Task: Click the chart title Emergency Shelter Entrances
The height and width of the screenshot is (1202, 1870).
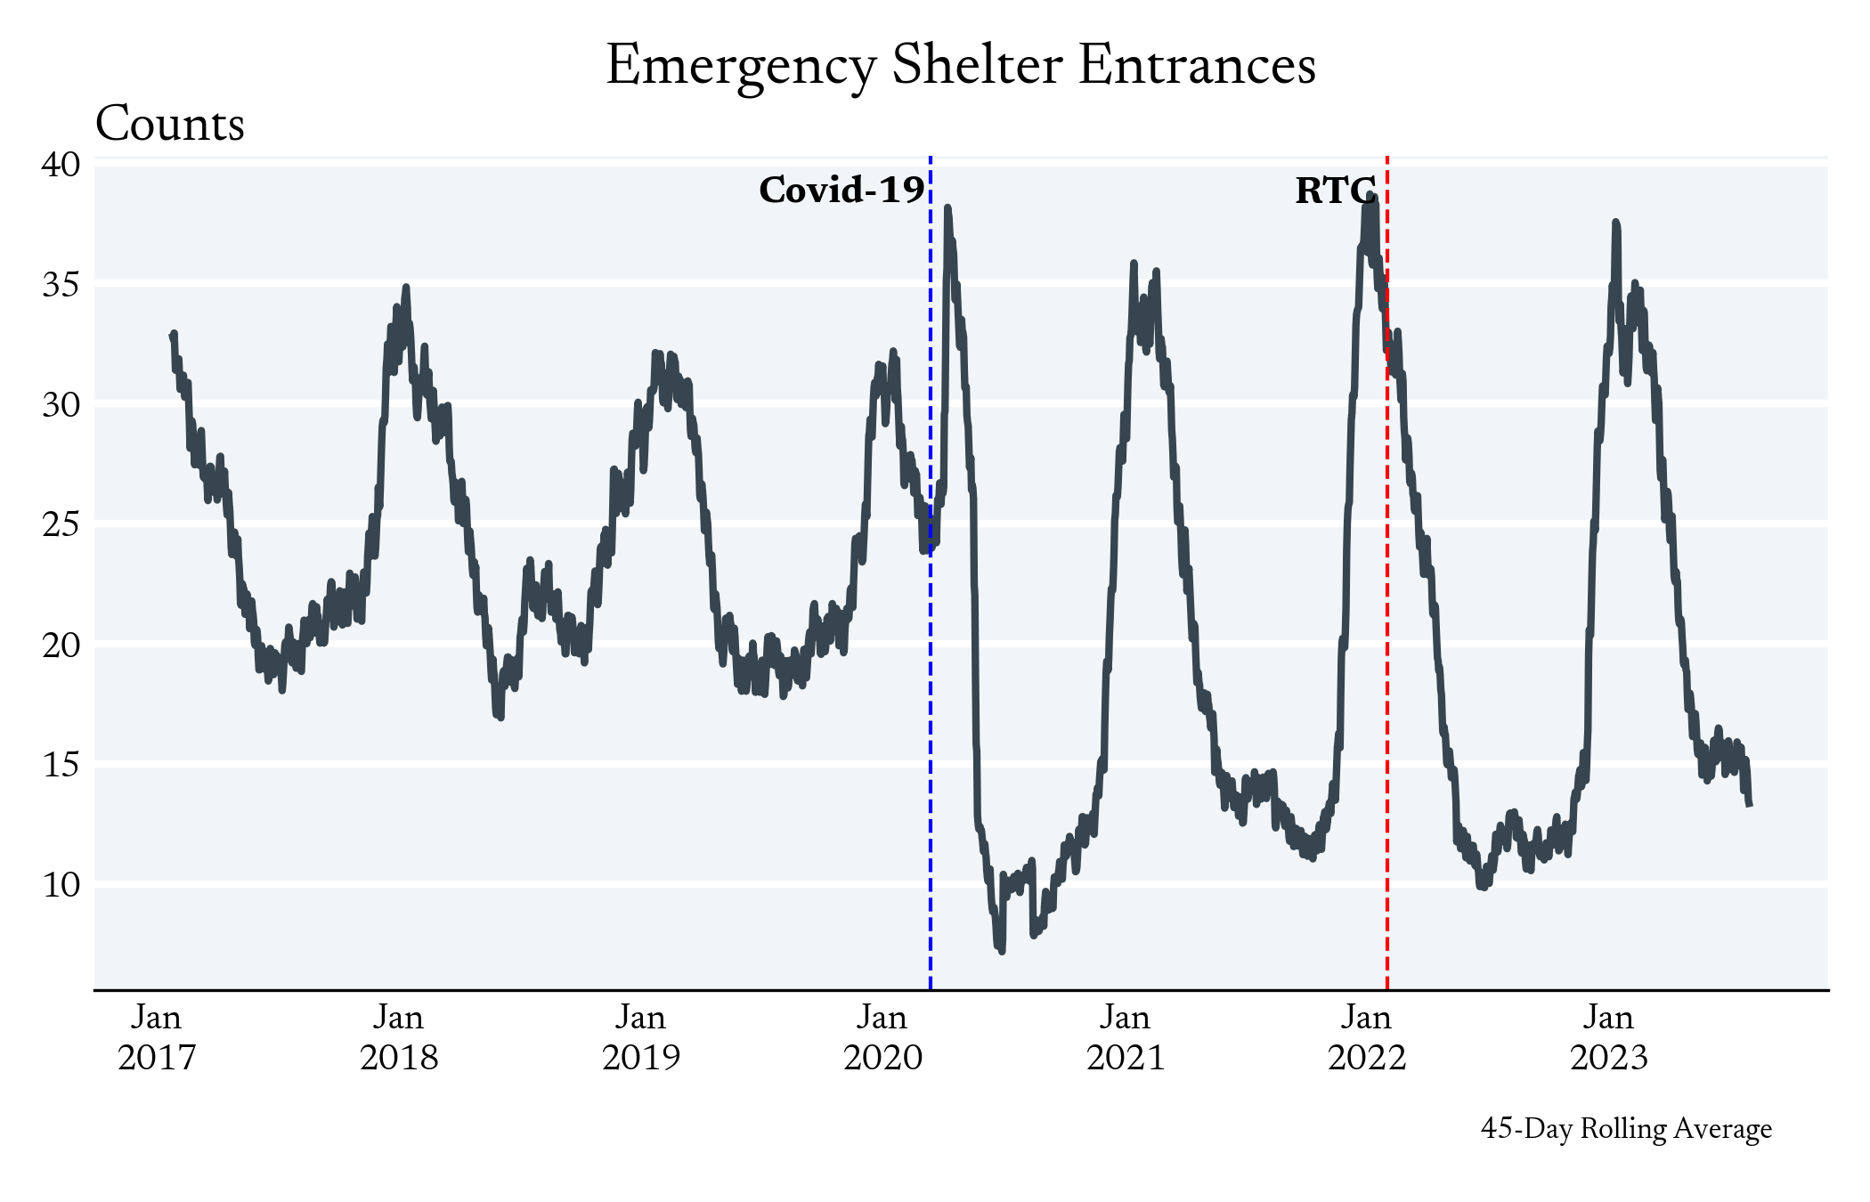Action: pos(961,66)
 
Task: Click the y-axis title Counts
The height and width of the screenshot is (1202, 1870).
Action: pos(170,124)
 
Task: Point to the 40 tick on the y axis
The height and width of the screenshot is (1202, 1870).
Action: pos(61,165)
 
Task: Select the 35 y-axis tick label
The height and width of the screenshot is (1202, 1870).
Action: pos(61,285)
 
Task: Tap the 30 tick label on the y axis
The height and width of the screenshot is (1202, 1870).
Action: pos(61,405)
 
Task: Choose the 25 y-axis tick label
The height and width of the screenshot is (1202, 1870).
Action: pos(61,524)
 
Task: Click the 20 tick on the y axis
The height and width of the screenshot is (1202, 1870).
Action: pos(61,645)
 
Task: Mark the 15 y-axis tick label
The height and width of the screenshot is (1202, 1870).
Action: pos(61,765)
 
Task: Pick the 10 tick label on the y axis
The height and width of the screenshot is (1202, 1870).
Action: pos(61,885)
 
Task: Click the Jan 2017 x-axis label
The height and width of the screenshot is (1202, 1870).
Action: pos(157,1037)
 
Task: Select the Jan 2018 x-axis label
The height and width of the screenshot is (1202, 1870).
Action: pos(399,1037)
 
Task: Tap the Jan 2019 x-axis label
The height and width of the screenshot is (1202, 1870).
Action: pos(641,1037)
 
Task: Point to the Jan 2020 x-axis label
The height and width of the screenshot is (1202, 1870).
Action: pos(882,1037)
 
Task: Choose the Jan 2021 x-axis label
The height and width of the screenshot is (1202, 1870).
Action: pos(1126,1037)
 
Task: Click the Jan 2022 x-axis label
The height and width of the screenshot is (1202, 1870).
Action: pos(1367,1037)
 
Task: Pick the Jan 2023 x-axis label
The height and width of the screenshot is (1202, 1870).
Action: pos(1609,1037)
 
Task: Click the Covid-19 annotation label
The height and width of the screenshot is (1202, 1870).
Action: pos(841,191)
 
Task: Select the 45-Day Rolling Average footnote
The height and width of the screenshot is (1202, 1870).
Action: pos(1626,1129)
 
